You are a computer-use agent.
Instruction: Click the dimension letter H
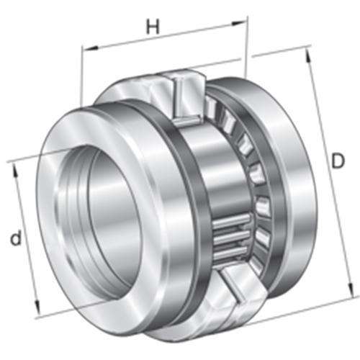tap(153, 27)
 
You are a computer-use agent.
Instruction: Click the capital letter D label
tap(338, 161)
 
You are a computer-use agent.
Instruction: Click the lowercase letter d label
tap(16, 238)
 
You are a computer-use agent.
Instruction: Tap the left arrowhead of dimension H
tap(90, 48)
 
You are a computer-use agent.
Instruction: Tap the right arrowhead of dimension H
tap(238, 23)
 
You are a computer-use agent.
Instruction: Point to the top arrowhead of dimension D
tap(309, 56)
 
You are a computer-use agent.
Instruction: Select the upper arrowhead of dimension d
tap(16, 171)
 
